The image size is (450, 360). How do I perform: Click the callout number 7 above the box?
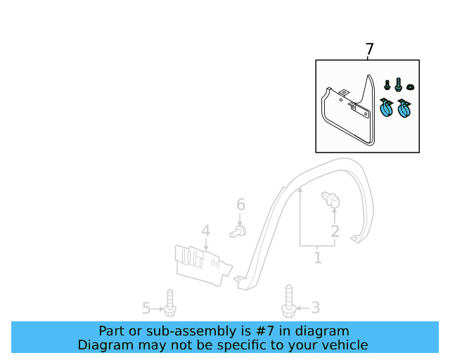(369, 49)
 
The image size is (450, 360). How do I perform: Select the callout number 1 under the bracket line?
(317, 257)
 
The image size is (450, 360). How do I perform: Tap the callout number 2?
(335, 231)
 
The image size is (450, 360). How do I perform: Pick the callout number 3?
(316, 308)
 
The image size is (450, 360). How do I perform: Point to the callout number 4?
(206, 231)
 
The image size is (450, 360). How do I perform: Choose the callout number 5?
(146, 309)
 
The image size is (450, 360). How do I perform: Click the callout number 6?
(240, 205)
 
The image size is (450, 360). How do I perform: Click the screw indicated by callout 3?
(289, 301)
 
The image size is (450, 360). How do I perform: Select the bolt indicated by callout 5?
(170, 302)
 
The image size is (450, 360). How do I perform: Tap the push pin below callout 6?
(238, 231)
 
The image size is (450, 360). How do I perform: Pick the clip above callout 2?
(331, 199)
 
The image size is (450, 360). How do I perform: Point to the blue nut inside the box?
(411, 86)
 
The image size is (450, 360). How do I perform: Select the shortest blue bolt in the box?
(387, 84)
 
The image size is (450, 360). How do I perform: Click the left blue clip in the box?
(385, 108)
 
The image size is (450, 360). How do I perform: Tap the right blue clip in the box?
(404, 108)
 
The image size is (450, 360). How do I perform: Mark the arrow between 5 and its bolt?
(157, 309)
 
